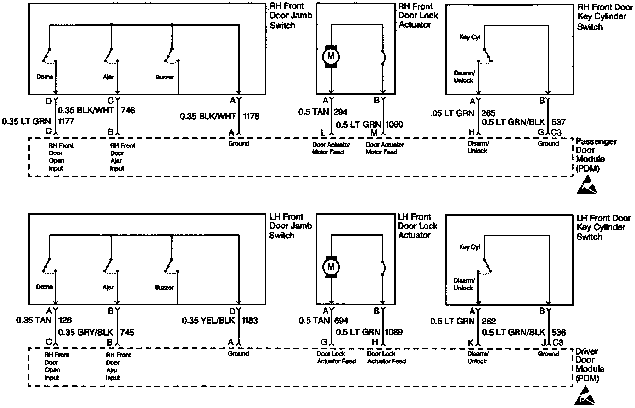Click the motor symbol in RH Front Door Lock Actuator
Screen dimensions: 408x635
click(x=331, y=56)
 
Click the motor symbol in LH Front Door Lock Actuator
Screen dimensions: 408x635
click(x=331, y=267)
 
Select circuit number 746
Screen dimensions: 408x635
click(x=128, y=110)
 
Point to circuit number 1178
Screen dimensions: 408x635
click(x=251, y=116)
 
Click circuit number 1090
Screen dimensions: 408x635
click(x=394, y=125)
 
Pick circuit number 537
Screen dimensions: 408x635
click(x=559, y=122)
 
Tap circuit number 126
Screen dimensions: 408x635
click(x=65, y=321)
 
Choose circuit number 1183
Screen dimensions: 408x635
click(x=250, y=321)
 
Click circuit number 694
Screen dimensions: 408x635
click(x=341, y=321)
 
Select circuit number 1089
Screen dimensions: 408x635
click(x=393, y=332)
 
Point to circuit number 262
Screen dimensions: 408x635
click(x=489, y=321)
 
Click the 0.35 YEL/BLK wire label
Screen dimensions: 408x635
click(x=208, y=321)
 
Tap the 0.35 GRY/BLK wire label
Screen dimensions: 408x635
click(x=85, y=333)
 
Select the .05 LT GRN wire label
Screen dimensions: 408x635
click(x=452, y=113)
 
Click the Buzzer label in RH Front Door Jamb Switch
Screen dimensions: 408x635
click(x=164, y=77)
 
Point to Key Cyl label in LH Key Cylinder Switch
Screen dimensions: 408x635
click(x=469, y=247)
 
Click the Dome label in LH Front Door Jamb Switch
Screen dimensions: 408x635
click(x=45, y=287)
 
